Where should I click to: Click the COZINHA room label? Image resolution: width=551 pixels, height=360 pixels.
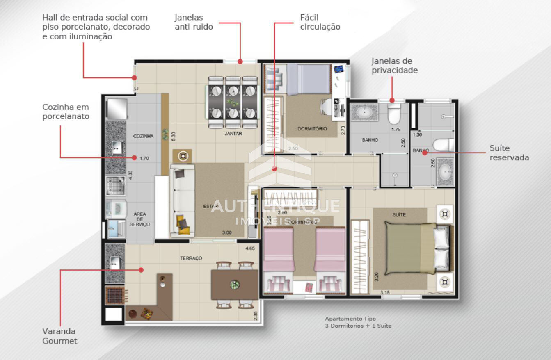tap(143, 136)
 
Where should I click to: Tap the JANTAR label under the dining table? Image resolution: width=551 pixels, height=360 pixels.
tap(233, 134)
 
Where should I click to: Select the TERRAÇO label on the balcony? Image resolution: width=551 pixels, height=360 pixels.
tap(191, 258)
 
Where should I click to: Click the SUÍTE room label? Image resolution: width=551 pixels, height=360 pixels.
tap(399, 214)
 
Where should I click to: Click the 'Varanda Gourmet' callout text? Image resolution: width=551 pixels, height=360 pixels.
tap(59, 336)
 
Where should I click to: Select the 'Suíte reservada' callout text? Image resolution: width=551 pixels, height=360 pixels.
tap(509, 153)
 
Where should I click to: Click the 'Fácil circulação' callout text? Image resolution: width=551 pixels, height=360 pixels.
tap(320, 23)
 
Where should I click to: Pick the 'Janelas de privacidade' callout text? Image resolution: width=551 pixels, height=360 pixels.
tap(394, 66)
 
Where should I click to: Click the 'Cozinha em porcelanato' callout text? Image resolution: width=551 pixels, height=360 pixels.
tap(66, 112)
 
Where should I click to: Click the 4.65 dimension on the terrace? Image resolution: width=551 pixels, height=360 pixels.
tap(250, 248)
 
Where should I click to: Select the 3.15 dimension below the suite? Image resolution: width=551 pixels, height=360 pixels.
tap(385, 292)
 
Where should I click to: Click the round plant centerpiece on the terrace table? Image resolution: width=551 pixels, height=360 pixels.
tap(235, 284)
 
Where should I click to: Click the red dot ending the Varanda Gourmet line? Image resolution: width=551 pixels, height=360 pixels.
tap(141, 270)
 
